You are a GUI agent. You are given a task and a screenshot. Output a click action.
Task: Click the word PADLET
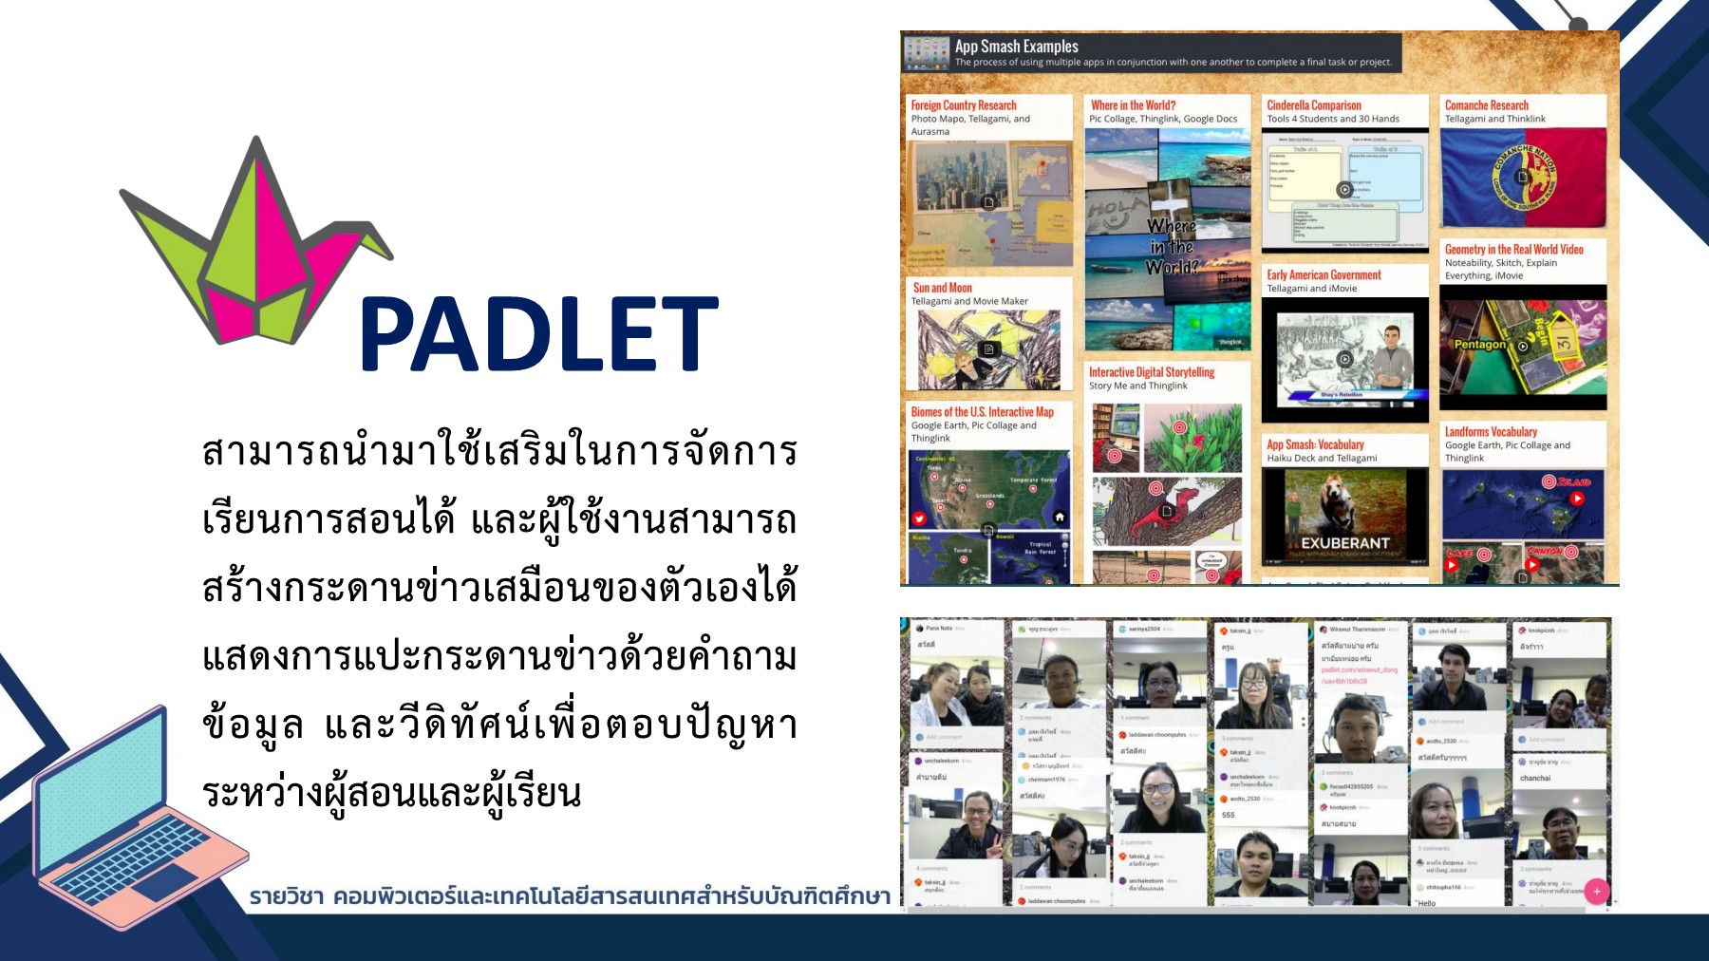point(538,333)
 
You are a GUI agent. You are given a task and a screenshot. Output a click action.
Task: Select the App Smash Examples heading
point(1016,47)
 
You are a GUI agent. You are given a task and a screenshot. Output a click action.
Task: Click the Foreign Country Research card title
point(963,105)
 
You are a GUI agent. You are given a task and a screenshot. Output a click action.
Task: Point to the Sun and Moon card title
point(942,288)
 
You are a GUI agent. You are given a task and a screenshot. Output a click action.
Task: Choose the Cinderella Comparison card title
point(1313,105)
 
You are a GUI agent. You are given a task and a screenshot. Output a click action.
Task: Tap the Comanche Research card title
point(1486,105)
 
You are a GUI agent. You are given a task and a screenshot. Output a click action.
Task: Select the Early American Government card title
point(1324,275)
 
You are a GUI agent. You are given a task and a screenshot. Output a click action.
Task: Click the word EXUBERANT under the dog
point(1344,543)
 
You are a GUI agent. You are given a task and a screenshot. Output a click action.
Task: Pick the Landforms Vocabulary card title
point(1491,432)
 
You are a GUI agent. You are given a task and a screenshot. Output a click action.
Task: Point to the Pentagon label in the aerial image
point(1479,345)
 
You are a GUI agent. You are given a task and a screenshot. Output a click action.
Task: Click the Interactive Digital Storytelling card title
point(1151,372)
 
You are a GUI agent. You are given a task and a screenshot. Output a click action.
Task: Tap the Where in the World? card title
point(1133,105)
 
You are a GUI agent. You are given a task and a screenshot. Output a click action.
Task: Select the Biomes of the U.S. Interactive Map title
point(982,412)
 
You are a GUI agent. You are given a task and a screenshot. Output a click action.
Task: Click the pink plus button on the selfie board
point(1596,891)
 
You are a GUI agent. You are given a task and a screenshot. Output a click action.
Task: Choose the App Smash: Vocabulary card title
point(1315,444)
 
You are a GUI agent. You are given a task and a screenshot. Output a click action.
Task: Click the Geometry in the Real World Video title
point(1513,250)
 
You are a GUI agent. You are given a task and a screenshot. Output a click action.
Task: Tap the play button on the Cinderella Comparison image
point(1344,190)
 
